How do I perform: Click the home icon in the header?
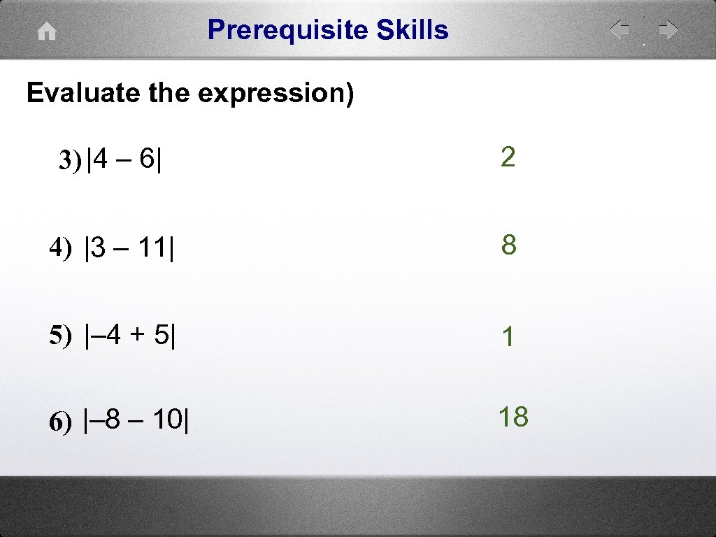point(46,32)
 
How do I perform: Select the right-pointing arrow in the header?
point(668,30)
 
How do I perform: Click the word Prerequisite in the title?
point(287,30)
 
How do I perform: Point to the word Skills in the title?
point(413,30)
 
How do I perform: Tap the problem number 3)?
point(70,161)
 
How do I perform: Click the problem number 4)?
point(61,248)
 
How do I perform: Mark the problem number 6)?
point(61,422)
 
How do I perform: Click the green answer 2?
point(508,157)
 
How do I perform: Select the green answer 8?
point(508,245)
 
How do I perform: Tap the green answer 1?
point(508,338)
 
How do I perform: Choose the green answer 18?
point(513,417)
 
